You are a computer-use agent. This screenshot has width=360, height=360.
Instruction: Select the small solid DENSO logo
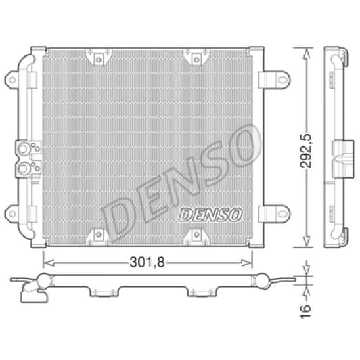[210, 215]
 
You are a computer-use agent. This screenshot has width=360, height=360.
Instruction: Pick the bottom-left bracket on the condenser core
[99, 235]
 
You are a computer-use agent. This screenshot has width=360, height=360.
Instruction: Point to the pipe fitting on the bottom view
[31, 292]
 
